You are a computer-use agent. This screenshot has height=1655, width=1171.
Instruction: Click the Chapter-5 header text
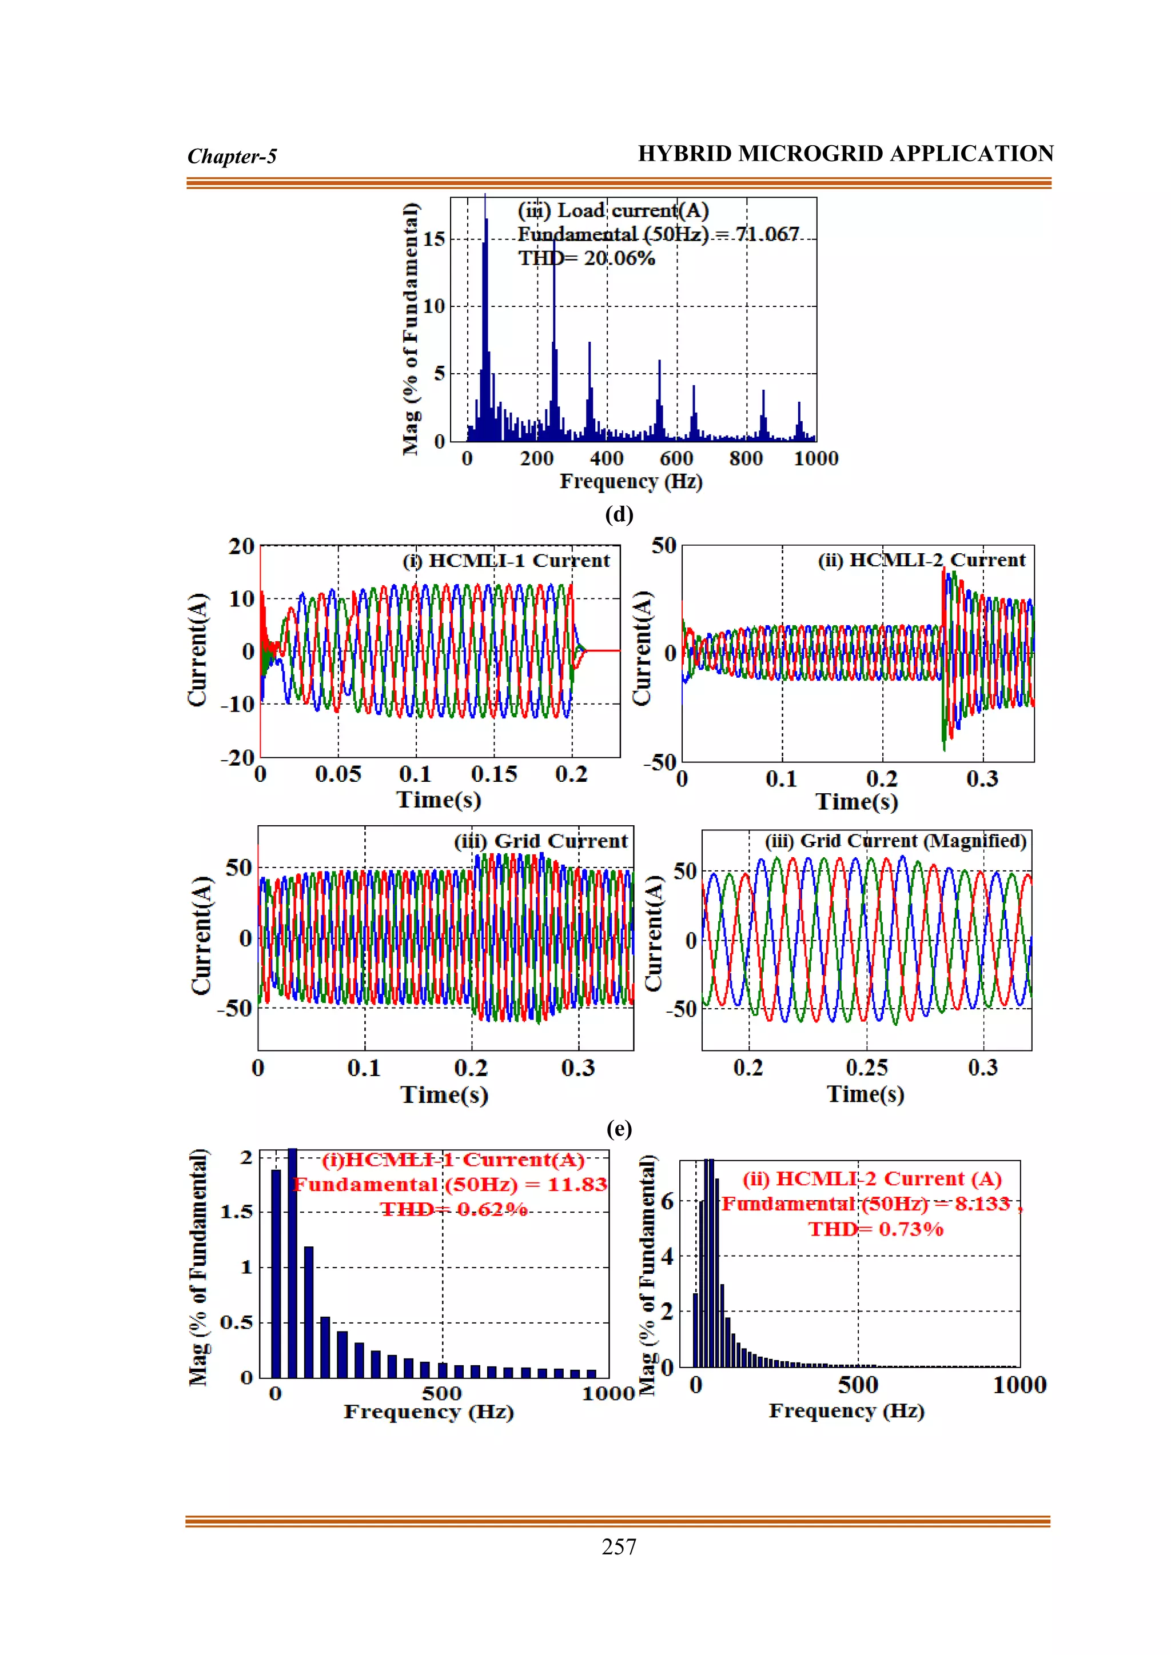[x=232, y=157]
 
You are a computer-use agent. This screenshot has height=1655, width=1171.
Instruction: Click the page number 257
[x=619, y=1546]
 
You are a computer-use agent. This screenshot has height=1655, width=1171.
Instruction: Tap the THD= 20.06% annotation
[x=586, y=258]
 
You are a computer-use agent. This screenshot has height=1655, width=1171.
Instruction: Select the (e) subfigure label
[x=619, y=1128]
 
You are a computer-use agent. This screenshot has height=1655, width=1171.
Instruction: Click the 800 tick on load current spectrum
[x=746, y=458]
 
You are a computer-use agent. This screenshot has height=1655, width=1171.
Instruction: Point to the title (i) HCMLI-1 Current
[x=506, y=561]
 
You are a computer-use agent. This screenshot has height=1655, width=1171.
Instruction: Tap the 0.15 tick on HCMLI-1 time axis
[x=494, y=774]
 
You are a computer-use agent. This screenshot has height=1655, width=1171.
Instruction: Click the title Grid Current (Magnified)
[x=895, y=841]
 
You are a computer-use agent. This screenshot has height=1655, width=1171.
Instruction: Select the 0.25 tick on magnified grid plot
[x=867, y=1068]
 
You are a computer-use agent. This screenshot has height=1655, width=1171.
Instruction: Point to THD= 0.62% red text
[x=454, y=1209]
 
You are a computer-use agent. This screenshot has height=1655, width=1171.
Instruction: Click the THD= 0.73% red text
[x=875, y=1228]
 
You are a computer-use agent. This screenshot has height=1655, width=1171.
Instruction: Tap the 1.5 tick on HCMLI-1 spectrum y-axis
[x=237, y=1212]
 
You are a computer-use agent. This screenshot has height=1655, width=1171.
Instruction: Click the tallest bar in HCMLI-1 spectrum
[x=292, y=1261]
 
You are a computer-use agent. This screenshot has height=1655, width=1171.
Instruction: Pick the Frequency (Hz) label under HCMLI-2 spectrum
[x=847, y=1410]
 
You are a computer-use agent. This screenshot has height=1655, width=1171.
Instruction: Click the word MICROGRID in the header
[x=812, y=154]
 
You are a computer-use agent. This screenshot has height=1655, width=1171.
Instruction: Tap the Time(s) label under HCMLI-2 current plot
[x=857, y=802]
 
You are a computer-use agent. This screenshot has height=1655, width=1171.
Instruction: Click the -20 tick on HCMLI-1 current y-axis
[x=238, y=758]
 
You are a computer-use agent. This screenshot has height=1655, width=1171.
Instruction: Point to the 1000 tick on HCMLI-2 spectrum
[x=1019, y=1385]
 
